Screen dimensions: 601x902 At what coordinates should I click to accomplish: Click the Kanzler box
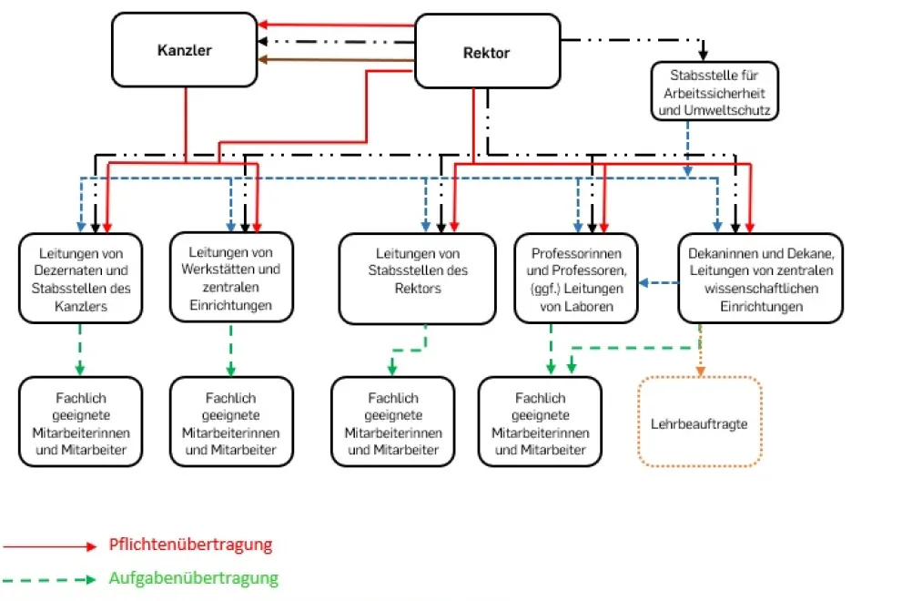(x=184, y=50)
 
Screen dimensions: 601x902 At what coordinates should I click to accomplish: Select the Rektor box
(x=487, y=52)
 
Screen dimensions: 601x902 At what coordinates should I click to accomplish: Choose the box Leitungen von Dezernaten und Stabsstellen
(x=79, y=279)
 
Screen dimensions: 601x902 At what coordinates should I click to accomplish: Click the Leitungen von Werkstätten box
(x=231, y=278)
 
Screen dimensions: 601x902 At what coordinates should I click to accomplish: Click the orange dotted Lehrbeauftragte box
(x=699, y=423)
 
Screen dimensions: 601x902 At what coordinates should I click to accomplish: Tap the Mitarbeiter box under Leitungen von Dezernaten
(x=79, y=423)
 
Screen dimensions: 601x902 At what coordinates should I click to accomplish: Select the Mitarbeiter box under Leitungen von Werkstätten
(x=231, y=423)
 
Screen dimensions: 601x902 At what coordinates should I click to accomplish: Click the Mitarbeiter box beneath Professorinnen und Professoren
(x=540, y=423)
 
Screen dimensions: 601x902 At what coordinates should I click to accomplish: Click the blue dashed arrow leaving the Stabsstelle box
(x=687, y=146)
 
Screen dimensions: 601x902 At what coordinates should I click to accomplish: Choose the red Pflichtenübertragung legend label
(x=190, y=545)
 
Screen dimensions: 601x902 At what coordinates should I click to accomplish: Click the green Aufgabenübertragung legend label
(x=193, y=578)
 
